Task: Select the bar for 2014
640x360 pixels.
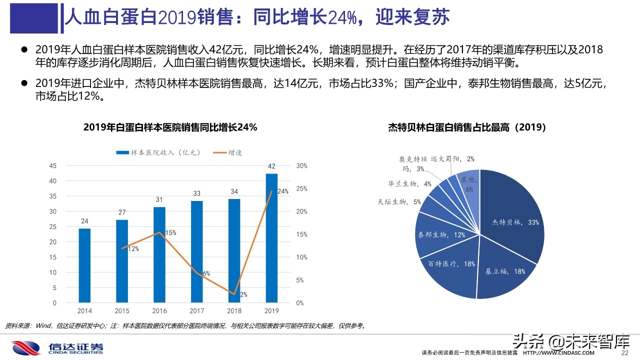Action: [84, 265]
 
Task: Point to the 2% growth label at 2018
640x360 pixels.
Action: [243, 294]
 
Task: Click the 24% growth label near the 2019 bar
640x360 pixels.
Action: [282, 191]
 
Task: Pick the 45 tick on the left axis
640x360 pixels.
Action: [53, 165]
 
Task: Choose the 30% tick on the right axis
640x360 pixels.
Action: [301, 165]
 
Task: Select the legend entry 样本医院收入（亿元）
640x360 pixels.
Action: [158, 152]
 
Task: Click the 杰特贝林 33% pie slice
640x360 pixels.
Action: [515, 220]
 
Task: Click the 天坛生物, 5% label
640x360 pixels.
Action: [400, 202]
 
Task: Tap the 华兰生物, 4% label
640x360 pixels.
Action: [409, 184]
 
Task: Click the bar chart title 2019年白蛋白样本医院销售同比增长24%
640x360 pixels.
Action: [170, 127]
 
